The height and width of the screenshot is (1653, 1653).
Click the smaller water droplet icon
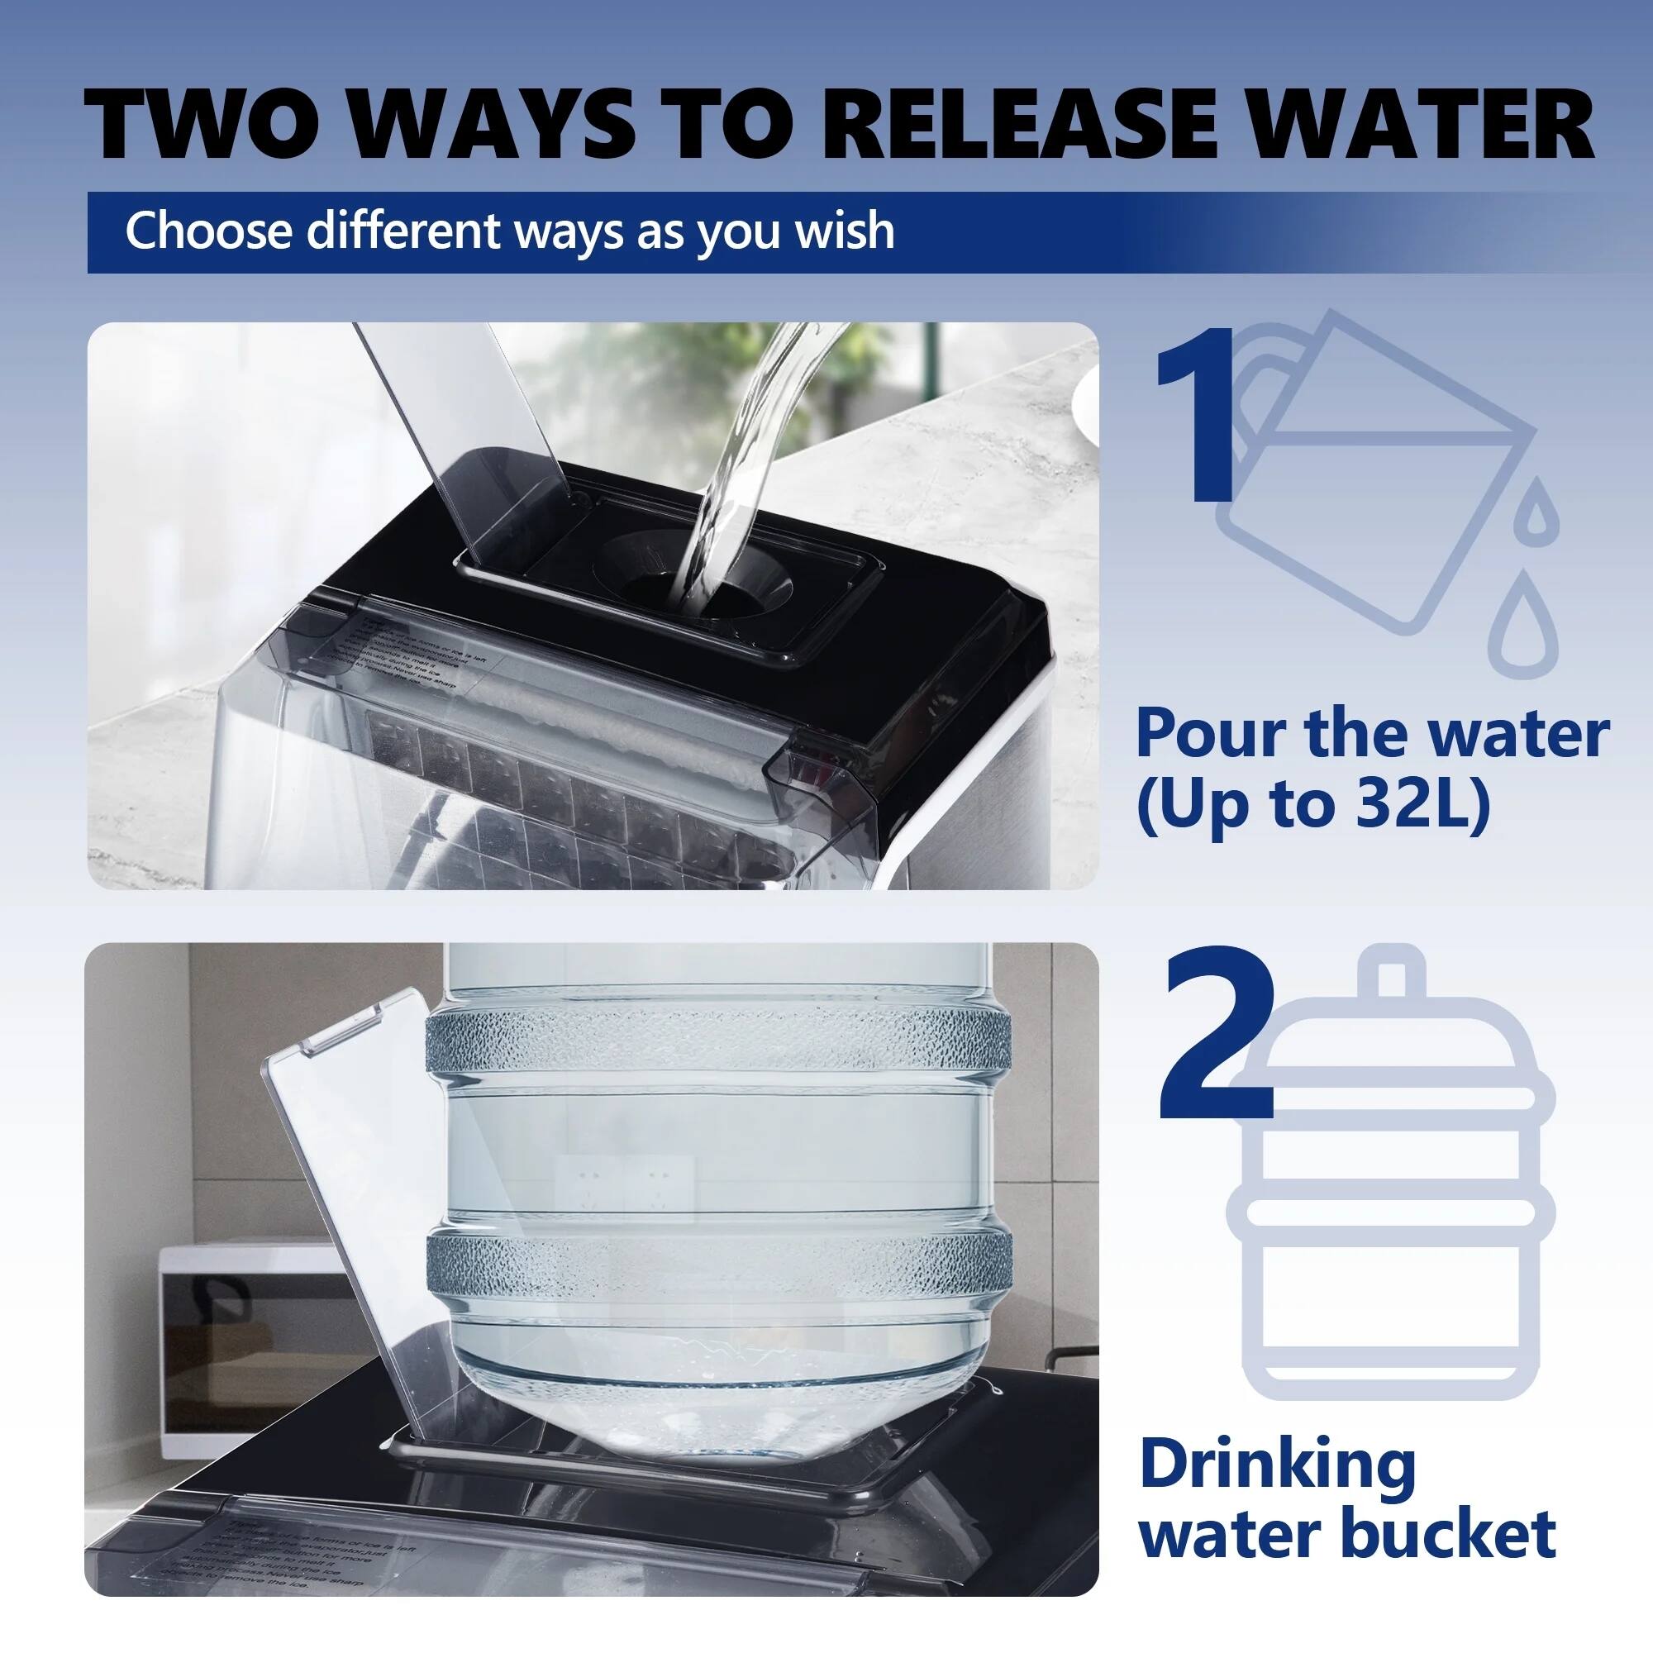pos(1537,512)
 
